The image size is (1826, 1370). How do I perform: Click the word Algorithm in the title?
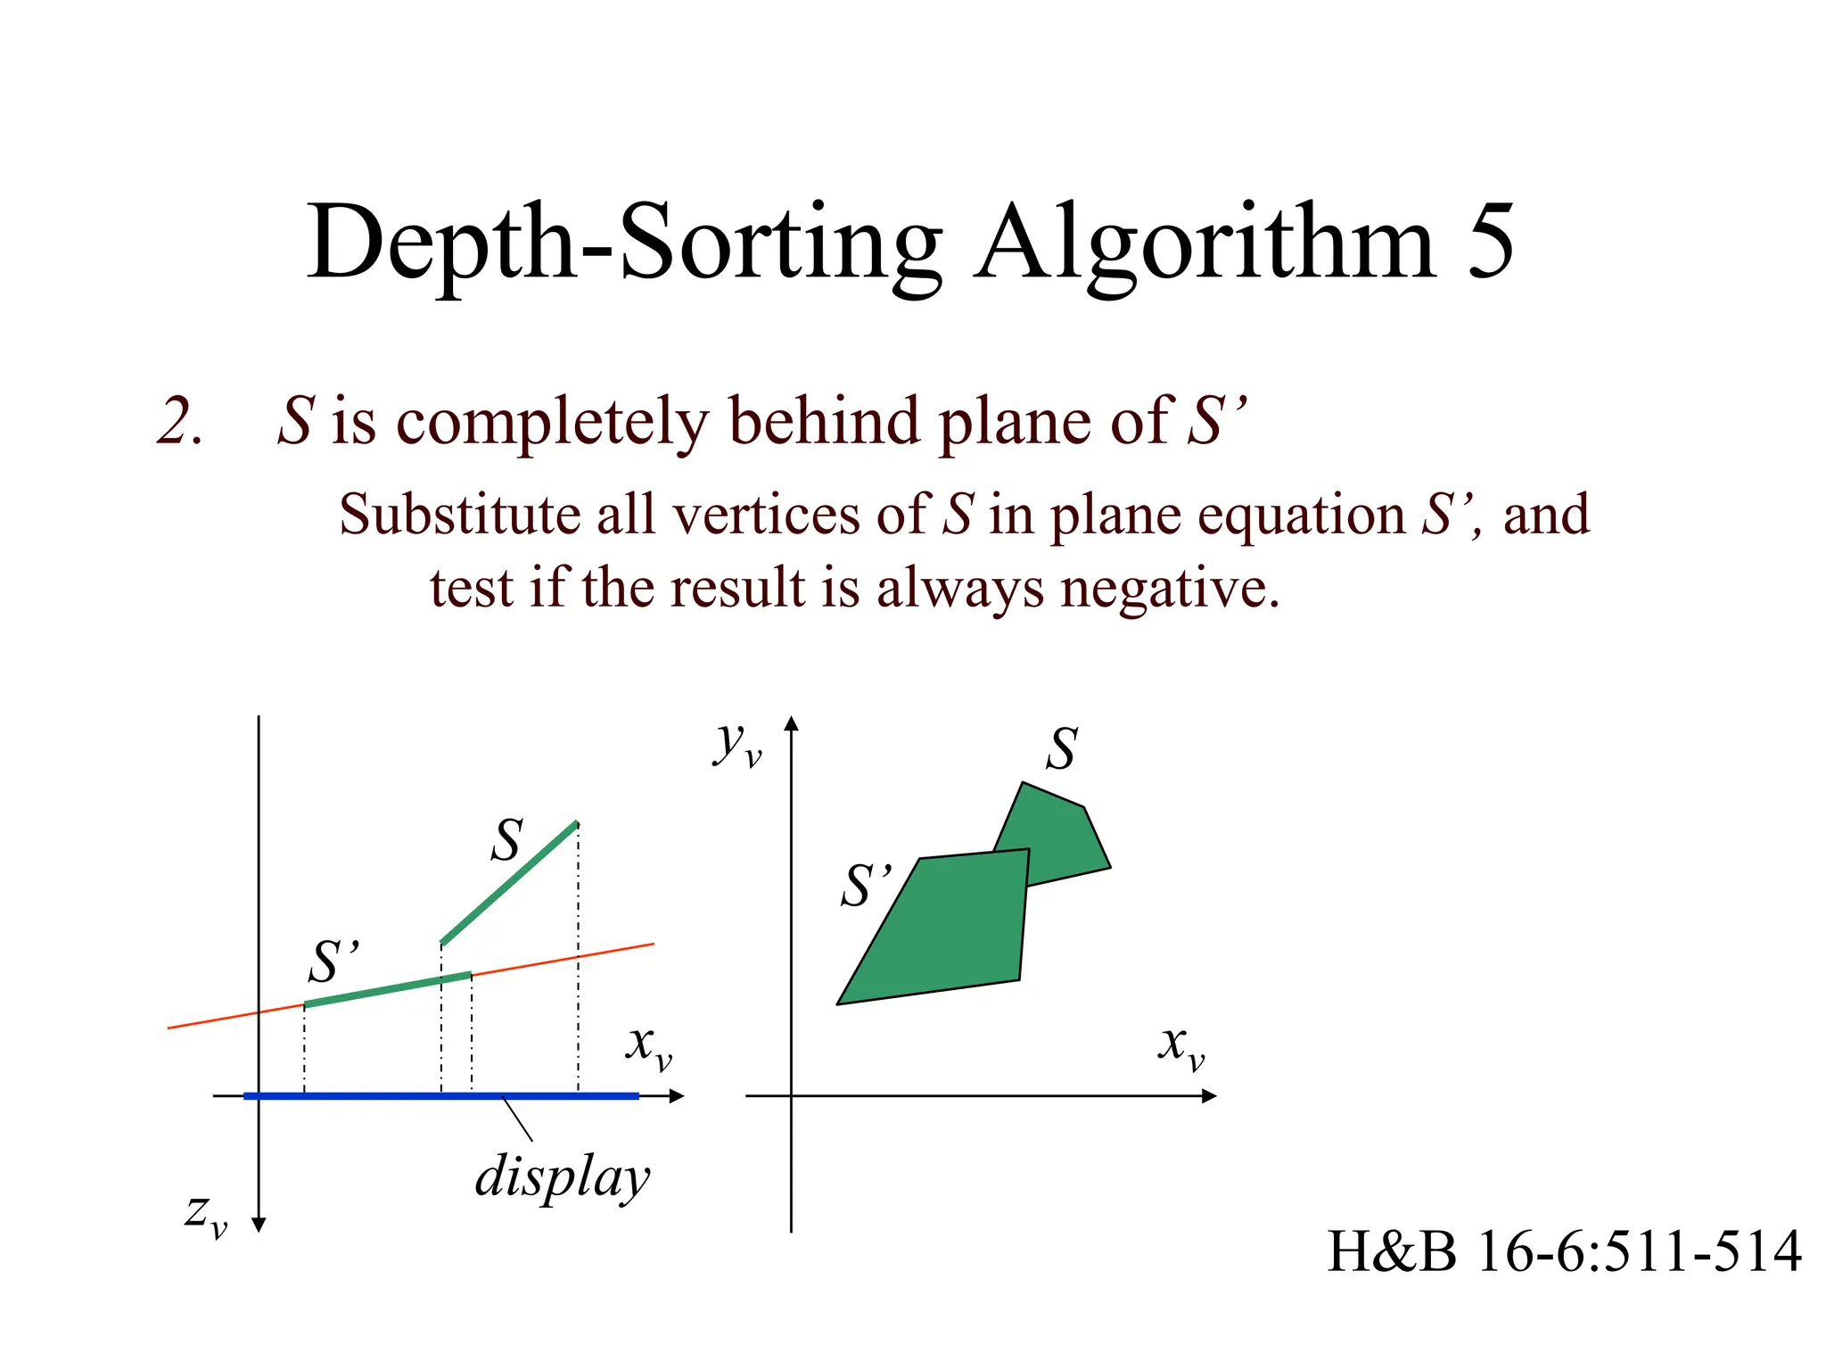[1205, 243]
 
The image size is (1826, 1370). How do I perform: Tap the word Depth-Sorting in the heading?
[624, 243]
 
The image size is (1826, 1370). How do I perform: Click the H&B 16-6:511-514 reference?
[1563, 1250]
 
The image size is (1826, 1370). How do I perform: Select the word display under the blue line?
[563, 1177]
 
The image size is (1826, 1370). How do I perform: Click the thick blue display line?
[374, 1095]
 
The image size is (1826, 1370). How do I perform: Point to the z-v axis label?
[206, 1214]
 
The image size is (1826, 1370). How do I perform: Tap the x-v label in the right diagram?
[1180, 1045]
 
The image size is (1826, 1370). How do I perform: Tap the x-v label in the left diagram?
[648, 1045]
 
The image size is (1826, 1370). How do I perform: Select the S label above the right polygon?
[1061, 748]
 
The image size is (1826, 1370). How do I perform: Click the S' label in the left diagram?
[334, 961]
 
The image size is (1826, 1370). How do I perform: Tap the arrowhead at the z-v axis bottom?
[259, 1225]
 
